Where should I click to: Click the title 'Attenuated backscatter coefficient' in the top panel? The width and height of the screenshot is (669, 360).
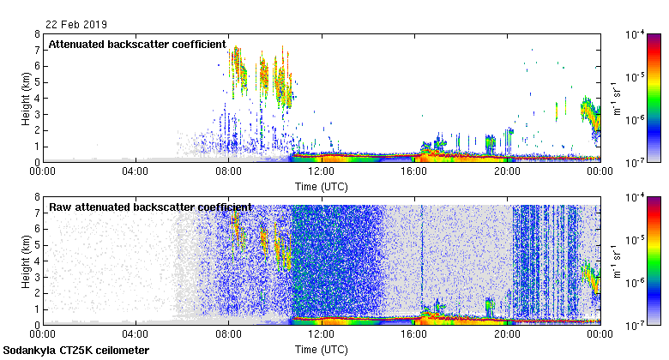137,44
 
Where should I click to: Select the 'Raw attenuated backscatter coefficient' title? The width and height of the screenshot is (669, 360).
150,207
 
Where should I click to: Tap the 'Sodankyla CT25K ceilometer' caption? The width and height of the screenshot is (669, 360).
75,351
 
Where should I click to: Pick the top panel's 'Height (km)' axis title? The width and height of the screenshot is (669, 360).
27,98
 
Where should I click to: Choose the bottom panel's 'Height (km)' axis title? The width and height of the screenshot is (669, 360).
27,261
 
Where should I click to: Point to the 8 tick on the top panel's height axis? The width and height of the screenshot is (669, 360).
36,34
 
